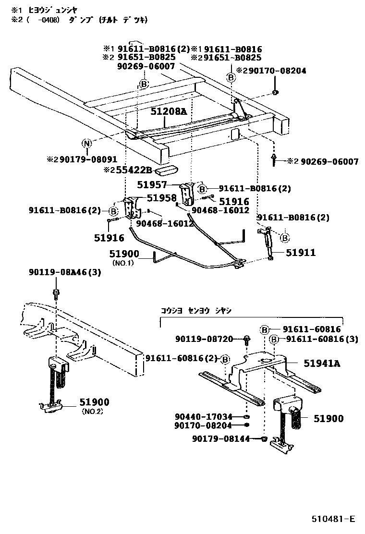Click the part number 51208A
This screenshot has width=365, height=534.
168,111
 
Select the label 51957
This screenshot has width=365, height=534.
152,184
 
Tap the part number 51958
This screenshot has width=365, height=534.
161,197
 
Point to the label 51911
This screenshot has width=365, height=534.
301,253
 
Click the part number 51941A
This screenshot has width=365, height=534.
321,364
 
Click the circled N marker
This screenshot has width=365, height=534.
86,144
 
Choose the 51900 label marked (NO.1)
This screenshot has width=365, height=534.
124,254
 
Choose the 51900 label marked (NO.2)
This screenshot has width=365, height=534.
94,402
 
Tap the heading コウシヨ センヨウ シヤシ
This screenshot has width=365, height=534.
196,310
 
